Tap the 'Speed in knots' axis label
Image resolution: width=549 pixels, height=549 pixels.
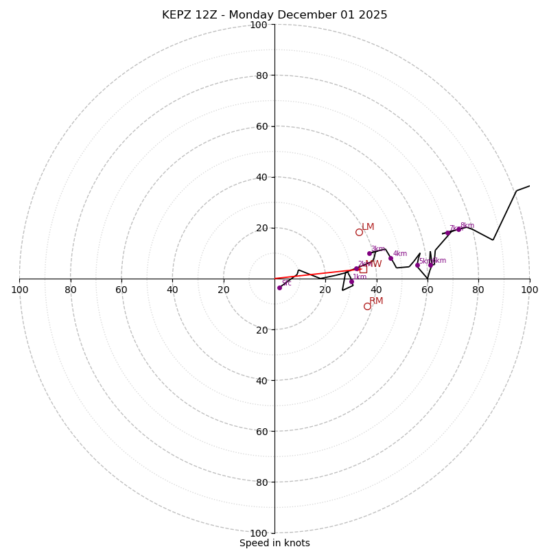click(x=274, y=543)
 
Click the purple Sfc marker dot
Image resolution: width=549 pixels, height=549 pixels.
click(x=279, y=288)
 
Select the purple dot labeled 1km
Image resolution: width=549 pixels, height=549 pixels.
click(x=351, y=281)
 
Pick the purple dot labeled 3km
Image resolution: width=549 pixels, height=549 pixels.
click(x=369, y=253)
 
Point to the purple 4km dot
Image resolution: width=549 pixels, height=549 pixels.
click(x=390, y=258)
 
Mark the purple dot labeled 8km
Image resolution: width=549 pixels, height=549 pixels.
click(x=458, y=229)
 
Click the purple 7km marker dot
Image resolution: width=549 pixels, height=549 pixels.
click(x=447, y=233)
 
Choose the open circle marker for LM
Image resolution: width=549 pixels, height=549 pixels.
click(x=359, y=232)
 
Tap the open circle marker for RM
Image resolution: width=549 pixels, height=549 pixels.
click(x=367, y=306)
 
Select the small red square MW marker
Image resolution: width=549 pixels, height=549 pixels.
click(x=363, y=269)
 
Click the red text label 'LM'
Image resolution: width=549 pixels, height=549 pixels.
click(x=368, y=227)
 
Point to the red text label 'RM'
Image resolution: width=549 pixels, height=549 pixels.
click(x=376, y=301)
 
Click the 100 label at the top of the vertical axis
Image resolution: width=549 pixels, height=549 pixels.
click(x=259, y=25)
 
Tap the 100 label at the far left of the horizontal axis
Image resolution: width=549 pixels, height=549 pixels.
click(x=19, y=290)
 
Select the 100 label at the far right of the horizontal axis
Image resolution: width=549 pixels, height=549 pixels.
click(x=529, y=290)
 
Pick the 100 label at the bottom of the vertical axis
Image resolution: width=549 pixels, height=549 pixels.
click(x=259, y=533)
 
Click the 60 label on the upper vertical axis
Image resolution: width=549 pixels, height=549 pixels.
click(x=261, y=126)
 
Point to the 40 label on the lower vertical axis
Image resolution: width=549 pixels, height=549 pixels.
click(x=261, y=380)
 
